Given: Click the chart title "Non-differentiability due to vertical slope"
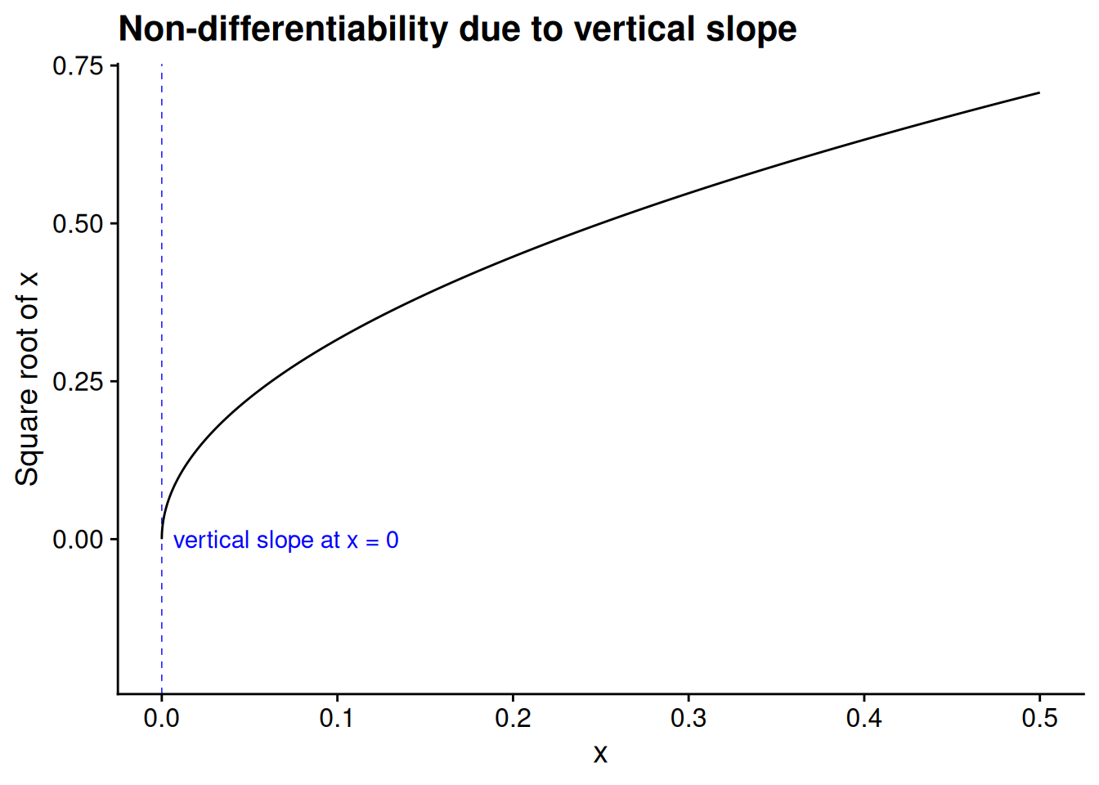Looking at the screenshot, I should pyautogui.click(x=457, y=29).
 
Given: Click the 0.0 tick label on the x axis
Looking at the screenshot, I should pyautogui.click(x=161, y=719).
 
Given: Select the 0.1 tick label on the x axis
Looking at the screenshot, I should pyautogui.click(x=337, y=719).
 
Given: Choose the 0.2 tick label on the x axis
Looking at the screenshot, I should pyautogui.click(x=513, y=719).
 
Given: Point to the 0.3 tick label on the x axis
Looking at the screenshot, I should pyautogui.click(x=689, y=719).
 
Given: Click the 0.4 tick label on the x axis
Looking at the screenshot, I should pyautogui.click(x=864, y=719).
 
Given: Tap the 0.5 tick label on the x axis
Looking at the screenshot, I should pyautogui.click(x=1039, y=719).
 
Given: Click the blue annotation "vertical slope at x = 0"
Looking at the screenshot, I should pyautogui.click(x=285, y=541).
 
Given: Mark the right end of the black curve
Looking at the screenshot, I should pyautogui.click(x=1039, y=92).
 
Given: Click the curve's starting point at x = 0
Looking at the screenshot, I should pyautogui.click(x=162, y=538).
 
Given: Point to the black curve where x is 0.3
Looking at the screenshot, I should pyautogui.click(x=689, y=193).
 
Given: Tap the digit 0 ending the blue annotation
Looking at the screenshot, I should pyautogui.click(x=392, y=541).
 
